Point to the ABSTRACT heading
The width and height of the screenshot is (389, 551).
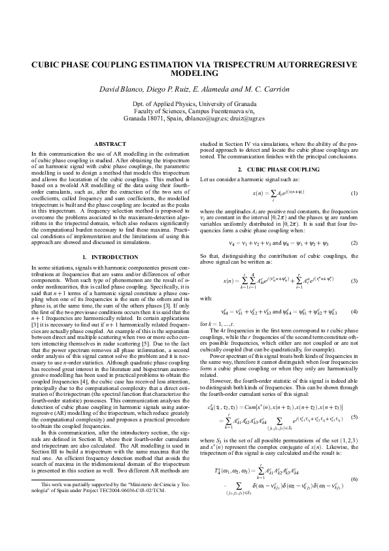click(110, 143)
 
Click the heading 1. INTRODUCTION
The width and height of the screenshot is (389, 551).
click(110, 254)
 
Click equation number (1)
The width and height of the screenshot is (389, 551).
click(354, 194)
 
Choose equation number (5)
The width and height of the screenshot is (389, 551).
click(354, 398)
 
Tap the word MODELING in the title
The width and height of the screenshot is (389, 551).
click(194, 75)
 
